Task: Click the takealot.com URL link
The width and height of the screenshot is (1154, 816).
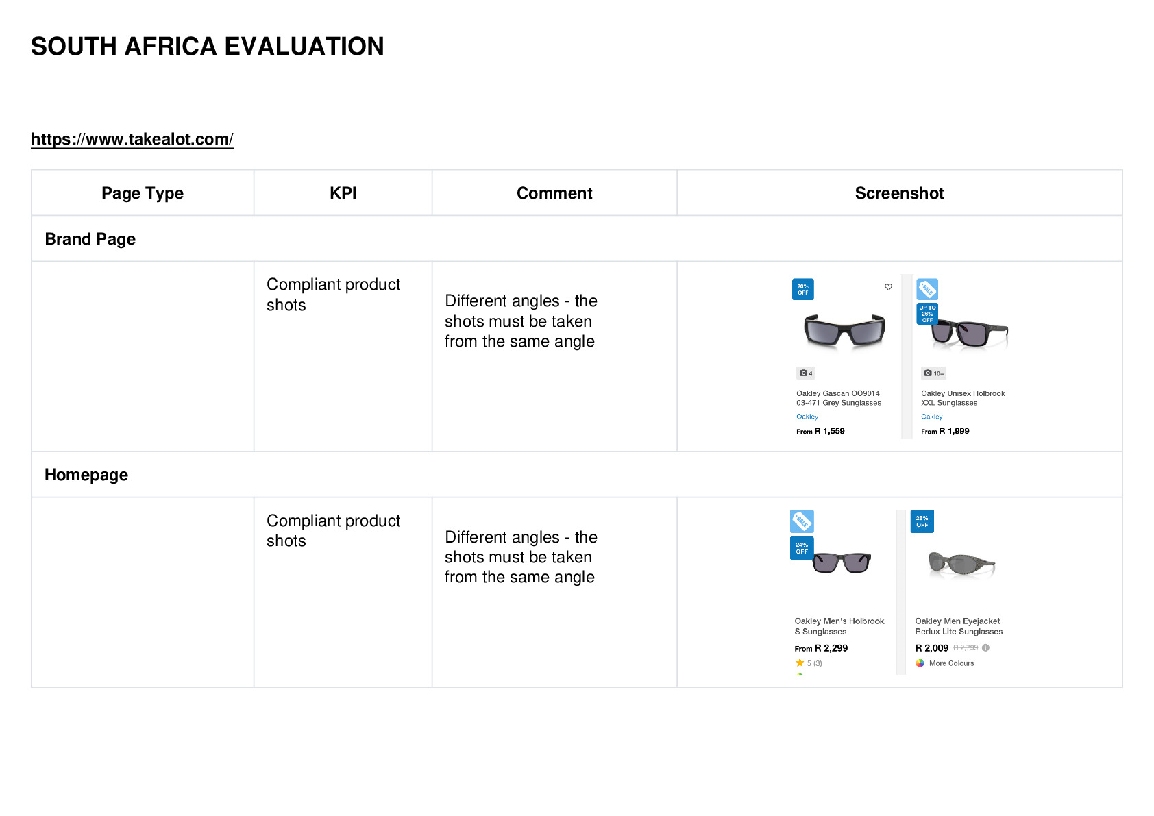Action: tap(132, 139)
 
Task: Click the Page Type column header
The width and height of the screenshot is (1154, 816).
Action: tap(142, 193)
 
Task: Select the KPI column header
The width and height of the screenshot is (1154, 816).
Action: tap(343, 193)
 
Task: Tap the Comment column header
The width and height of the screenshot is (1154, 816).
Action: tap(554, 193)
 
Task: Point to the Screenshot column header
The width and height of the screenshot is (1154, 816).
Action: tap(899, 193)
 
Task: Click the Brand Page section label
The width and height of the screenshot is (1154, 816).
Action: tap(90, 239)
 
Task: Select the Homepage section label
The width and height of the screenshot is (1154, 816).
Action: tap(86, 474)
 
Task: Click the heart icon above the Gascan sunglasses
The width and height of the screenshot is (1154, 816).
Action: tap(888, 287)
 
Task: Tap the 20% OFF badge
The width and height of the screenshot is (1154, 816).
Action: tap(802, 290)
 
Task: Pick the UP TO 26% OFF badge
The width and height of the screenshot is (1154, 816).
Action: tap(926, 314)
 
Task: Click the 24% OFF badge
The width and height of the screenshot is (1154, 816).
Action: tap(802, 548)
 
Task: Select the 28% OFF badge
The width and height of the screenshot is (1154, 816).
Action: tap(922, 521)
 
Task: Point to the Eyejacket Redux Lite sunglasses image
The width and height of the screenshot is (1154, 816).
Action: tap(961, 564)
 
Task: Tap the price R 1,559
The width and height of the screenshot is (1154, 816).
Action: tap(829, 431)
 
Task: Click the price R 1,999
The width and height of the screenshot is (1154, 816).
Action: tap(954, 431)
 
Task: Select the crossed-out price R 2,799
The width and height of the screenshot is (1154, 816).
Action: tap(966, 648)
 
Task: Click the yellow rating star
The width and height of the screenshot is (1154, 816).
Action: tap(800, 663)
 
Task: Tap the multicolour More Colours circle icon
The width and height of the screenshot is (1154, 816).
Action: tap(920, 663)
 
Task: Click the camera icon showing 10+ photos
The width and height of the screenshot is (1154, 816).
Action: tap(928, 373)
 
